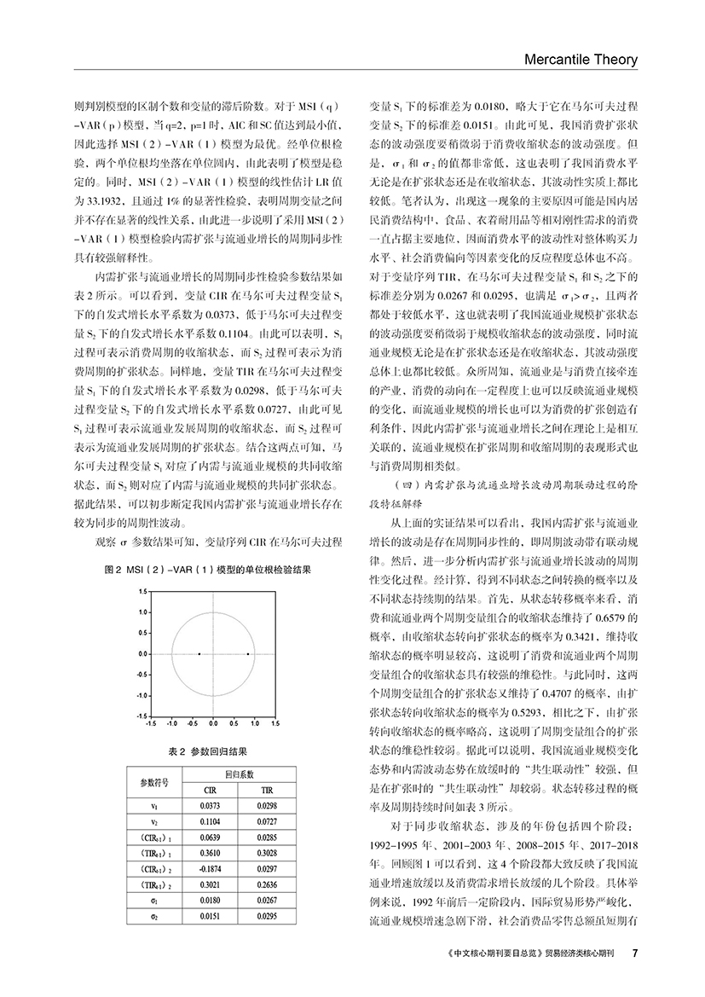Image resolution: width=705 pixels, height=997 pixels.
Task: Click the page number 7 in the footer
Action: (x=635, y=952)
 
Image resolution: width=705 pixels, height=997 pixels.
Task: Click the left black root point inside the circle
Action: (x=199, y=654)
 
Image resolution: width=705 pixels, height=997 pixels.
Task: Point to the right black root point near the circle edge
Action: (x=248, y=654)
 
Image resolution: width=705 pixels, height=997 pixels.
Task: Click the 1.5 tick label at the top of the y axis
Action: (x=143, y=592)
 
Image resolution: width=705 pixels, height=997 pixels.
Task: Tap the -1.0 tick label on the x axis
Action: (x=170, y=723)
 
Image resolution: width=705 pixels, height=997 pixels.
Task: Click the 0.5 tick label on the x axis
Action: (x=234, y=723)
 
